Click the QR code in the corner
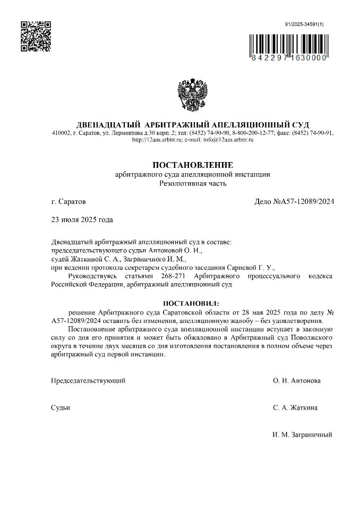pos(36,36)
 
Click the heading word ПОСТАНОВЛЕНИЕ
pos(193,165)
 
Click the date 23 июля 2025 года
pos(82,219)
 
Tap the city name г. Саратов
pos(67,202)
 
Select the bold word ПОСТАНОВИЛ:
pos(192,303)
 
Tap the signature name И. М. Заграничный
pos(302,435)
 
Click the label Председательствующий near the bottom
pos(88,381)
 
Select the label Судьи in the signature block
pos(61,408)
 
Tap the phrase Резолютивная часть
pos(193,184)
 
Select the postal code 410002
pos(61,133)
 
